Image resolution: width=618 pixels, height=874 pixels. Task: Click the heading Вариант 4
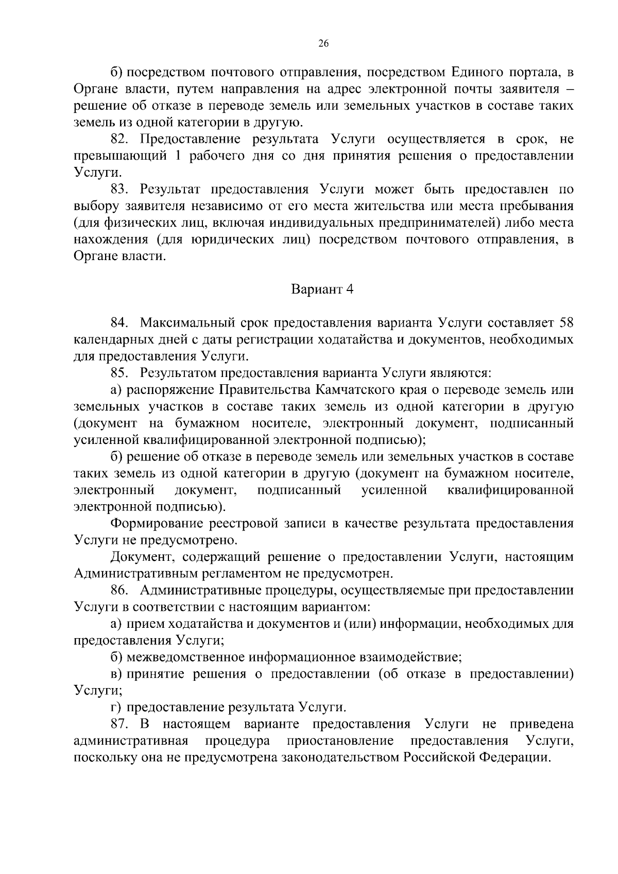coord(323,289)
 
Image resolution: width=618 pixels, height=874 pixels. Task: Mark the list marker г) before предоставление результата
coord(116,708)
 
